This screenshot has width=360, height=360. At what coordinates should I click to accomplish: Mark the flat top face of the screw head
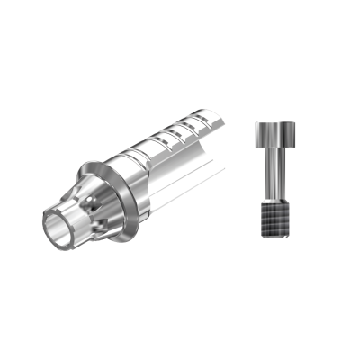coord(273,121)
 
